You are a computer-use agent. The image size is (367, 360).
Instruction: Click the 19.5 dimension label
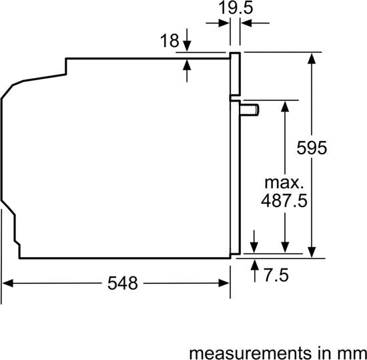pos(236,9)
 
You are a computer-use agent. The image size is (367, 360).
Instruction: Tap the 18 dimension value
pos(169,41)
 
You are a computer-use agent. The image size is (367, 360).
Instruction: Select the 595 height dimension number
pos(312,148)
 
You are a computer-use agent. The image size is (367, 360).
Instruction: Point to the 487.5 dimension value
pos(284,201)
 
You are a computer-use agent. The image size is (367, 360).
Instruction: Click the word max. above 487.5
pos(284,183)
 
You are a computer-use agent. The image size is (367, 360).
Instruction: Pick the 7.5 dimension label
pos(276,275)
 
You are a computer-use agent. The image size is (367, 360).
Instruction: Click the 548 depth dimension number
pos(122,283)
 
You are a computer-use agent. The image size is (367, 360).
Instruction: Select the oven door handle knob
pos(250,110)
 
